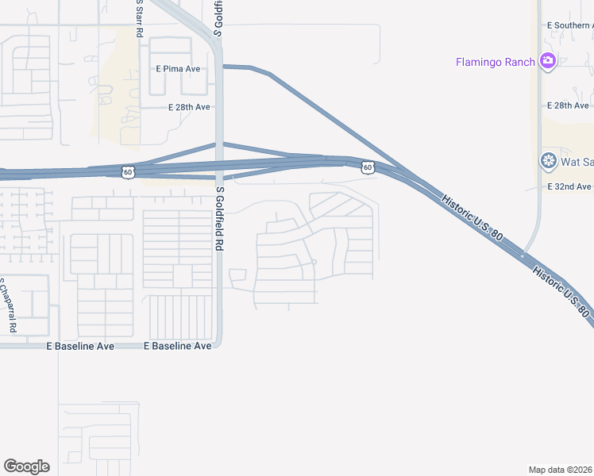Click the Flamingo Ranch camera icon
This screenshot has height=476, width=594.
[x=546, y=61]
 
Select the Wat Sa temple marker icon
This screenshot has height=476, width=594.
[x=547, y=162]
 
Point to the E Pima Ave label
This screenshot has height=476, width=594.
[x=178, y=69]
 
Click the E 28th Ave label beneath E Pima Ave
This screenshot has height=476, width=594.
[x=189, y=107]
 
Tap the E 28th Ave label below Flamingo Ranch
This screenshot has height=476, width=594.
[x=569, y=106]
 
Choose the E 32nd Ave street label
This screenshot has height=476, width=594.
[x=570, y=186]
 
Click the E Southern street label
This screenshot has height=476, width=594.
[x=570, y=25]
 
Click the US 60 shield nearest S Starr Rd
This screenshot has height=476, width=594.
[x=128, y=171]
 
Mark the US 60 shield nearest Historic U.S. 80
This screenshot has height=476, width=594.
[x=367, y=167]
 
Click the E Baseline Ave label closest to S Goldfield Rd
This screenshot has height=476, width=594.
[x=177, y=346]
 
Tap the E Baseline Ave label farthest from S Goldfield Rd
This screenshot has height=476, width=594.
[x=80, y=346]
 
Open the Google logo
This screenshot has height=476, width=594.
[x=26, y=466]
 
